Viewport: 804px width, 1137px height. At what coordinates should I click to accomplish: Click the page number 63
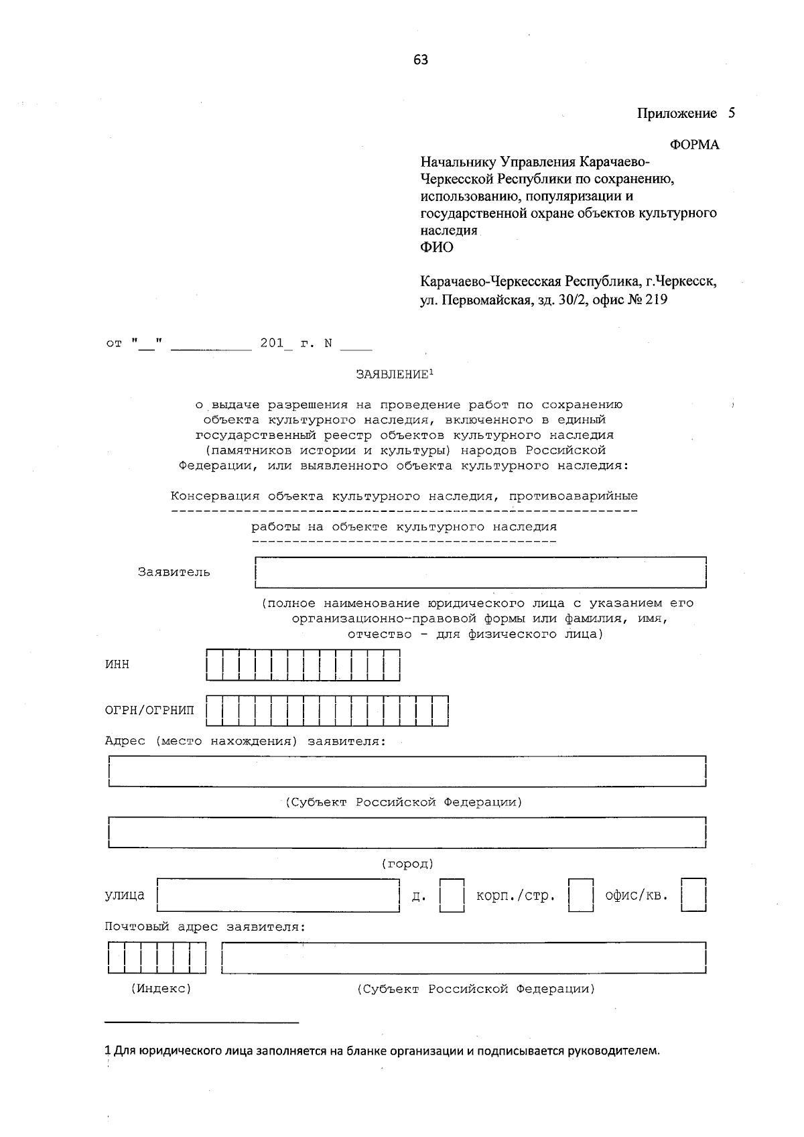tap(421, 60)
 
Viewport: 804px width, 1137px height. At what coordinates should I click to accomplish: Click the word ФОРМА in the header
tap(694, 145)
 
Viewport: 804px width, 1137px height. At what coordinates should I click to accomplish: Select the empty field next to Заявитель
tap(480, 572)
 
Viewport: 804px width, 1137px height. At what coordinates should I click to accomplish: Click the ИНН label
tap(117, 665)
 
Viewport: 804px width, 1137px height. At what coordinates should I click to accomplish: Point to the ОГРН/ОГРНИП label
tap(149, 710)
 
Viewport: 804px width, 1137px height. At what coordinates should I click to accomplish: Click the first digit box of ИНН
tap(214, 665)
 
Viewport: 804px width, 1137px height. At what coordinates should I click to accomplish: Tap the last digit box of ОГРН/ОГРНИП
tap(440, 711)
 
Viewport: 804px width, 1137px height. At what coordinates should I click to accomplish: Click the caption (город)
tap(407, 864)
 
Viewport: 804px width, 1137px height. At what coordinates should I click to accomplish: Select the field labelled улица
tap(278, 896)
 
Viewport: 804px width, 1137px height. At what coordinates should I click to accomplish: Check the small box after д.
tap(452, 896)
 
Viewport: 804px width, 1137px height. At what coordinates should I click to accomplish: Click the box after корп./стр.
tap(580, 896)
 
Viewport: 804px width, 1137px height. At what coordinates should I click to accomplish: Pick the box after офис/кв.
tap(693, 896)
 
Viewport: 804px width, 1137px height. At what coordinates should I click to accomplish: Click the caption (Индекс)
tap(161, 988)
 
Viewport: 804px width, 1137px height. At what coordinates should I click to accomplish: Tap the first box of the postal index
tap(116, 957)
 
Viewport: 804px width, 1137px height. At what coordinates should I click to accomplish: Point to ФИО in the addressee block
tap(437, 247)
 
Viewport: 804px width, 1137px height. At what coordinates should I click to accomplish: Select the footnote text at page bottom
tap(383, 1050)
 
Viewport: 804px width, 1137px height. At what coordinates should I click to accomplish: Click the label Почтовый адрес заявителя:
tap(205, 927)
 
